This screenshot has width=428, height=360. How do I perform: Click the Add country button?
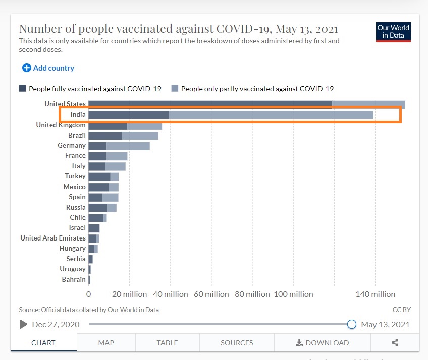click(x=48, y=68)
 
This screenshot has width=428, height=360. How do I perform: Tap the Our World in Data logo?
click(x=393, y=32)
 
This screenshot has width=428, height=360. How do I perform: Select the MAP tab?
click(x=106, y=343)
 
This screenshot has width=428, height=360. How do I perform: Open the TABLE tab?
click(x=167, y=343)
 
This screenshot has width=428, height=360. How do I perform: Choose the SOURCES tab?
click(x=237, y=343)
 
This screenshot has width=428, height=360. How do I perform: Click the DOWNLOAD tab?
click(x=323, y=343)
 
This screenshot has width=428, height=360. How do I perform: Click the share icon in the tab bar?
click(x=395, y=343)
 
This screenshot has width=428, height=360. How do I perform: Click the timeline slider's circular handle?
click(x=352, y=324)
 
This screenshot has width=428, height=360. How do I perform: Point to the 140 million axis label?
click(x=375, y=294)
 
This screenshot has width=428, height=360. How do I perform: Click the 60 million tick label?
click(x=211, y=294)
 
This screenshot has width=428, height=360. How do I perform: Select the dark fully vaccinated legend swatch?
click(x=22, y=88)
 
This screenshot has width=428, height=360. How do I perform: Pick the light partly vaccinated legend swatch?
click(x=175, y=88)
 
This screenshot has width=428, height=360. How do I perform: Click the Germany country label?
click(x=72, y=145)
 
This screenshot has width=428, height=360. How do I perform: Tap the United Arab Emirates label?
click(x=53, y=238)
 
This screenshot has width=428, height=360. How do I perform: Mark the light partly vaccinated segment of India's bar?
click(x=271, y=115)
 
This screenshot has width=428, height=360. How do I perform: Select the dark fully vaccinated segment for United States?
click(x=210, y=104)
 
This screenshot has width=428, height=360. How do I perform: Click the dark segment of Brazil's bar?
click(x=105, y=136)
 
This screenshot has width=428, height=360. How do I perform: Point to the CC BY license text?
click(x=401, y=310)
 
